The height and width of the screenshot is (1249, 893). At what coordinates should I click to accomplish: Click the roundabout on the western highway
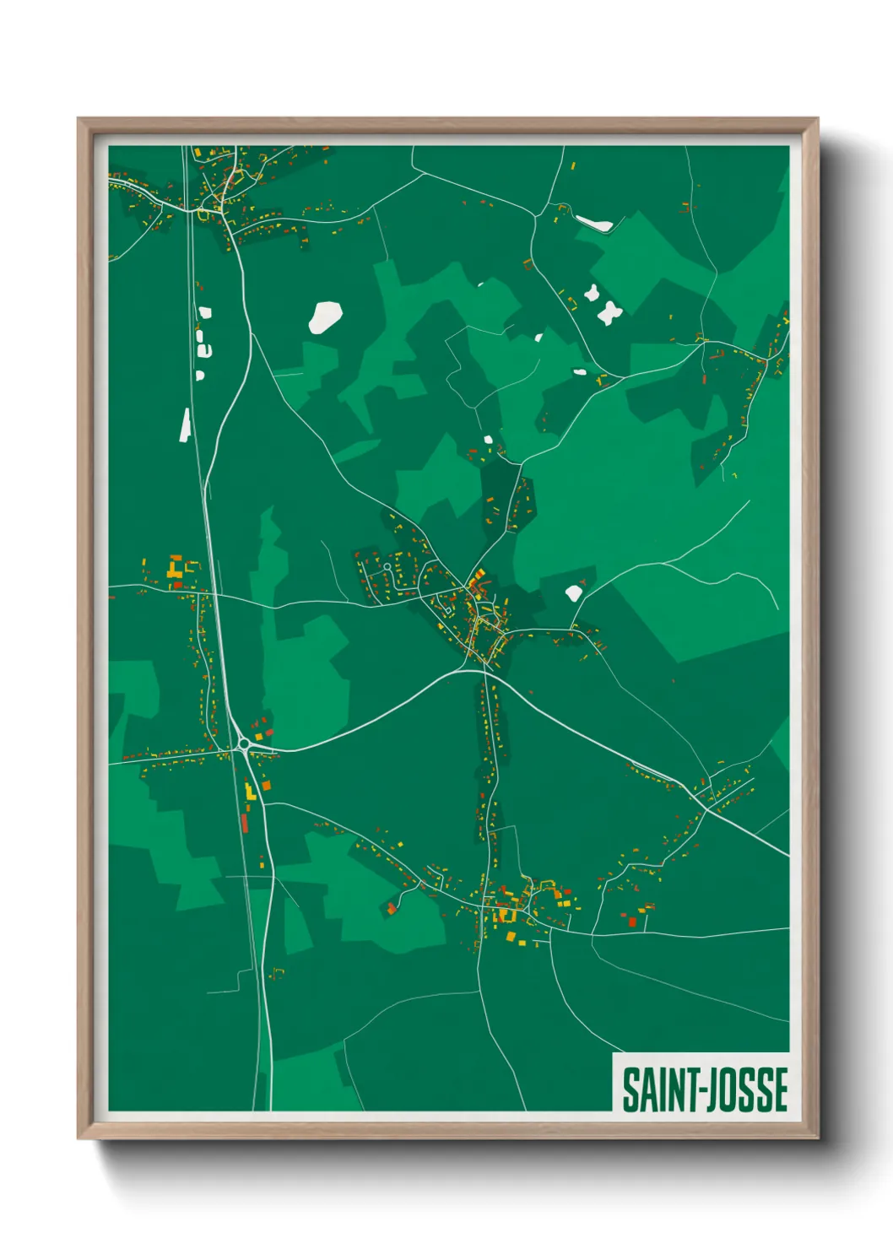[244, 743]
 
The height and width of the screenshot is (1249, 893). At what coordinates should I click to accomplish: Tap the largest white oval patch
[325, 316]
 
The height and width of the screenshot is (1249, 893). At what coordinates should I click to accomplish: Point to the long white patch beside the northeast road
[593, 224]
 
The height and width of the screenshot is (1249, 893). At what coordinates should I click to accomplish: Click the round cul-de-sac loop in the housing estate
[387, 566]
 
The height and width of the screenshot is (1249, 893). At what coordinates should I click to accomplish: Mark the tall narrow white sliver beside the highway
[185, 425]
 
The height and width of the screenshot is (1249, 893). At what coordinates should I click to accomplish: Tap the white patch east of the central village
[574, 592]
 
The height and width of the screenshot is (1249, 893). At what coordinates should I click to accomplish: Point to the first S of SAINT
[631, 1089]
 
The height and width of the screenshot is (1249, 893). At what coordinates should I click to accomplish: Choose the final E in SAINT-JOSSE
[780, 1089]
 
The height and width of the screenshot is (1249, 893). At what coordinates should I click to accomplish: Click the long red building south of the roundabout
[245, 822]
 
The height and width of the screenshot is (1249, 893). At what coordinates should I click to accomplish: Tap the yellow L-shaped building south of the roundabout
[250, 792]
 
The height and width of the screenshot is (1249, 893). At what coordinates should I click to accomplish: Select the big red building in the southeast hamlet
[631, 922]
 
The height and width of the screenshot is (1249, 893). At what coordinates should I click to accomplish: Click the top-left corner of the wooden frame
[78, 119]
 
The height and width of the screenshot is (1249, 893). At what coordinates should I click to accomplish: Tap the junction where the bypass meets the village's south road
[485, 669]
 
